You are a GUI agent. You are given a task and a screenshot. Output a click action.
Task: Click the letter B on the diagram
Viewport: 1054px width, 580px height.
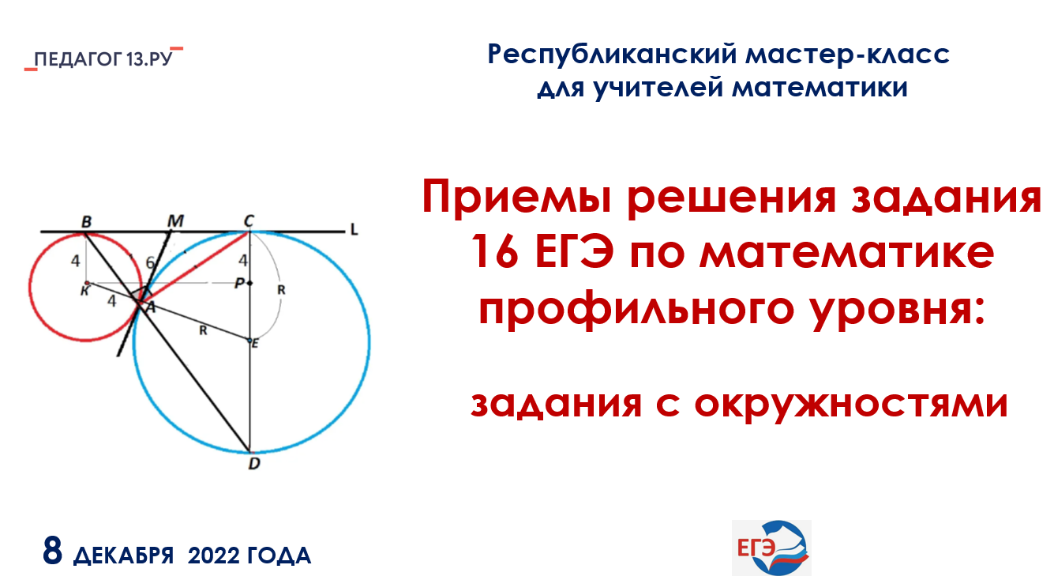point(87,222)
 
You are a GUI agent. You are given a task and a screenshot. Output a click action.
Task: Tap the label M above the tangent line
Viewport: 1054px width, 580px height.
point(175,220)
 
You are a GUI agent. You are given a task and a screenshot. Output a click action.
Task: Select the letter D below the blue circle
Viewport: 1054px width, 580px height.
point(254,464)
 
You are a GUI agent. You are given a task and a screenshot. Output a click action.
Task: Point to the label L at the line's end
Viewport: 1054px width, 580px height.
point(354,230)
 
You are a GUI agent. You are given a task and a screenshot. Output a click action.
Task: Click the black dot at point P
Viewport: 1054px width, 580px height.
point(249,283)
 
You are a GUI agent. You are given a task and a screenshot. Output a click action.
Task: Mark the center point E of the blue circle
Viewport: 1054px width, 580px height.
point(249,340)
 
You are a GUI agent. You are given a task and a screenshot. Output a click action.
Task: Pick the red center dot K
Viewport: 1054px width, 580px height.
point(87,283)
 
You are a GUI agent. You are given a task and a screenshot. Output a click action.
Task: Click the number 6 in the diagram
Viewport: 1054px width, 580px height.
point(150,262)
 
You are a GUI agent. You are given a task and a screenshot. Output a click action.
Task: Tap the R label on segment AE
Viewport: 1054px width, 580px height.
point(203,330)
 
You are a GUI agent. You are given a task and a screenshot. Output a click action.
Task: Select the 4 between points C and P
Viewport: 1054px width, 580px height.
point(243,260)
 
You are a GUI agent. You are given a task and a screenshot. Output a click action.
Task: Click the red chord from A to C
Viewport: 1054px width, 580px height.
point(194,267)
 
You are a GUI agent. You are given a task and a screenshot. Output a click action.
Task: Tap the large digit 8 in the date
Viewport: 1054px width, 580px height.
point(53,550)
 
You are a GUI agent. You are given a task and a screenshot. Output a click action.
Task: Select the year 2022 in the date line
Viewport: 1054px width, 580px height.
point(214,556)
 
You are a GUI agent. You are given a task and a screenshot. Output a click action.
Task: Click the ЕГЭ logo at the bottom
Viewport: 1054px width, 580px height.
point(771,548)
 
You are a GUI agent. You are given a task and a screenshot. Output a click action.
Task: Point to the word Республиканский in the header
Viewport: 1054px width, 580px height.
point(612,55)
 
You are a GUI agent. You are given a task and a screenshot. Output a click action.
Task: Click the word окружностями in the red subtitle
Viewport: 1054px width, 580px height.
point(851,404)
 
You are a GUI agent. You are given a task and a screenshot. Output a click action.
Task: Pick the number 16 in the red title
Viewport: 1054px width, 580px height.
point(494,253)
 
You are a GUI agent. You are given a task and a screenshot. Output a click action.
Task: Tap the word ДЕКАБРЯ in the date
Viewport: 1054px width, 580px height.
point(124,556)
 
